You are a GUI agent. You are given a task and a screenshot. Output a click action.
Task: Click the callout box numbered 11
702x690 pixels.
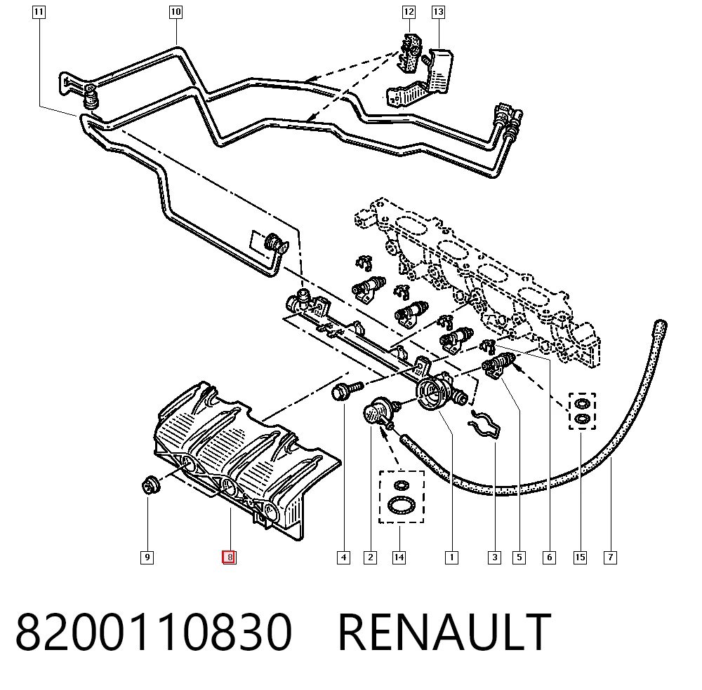[x=39, y=12]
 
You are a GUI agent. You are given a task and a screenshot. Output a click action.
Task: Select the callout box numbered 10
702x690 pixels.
[x=175, y=12]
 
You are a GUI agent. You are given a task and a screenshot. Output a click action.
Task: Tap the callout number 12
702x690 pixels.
[x=409, y=12]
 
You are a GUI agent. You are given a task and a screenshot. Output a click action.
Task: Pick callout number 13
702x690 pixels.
[x=438, y=12]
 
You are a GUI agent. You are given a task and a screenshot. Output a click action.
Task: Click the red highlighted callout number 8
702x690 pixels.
[x=230, y=557]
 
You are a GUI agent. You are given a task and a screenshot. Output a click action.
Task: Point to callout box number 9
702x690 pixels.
[x=147, y=557]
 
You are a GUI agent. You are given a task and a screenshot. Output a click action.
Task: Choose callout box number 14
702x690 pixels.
[x=399, y=557]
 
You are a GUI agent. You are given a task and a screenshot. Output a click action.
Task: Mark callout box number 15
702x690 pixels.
[x=580, y=557]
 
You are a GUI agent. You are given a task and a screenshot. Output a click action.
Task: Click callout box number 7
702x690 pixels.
[x=610, y=557]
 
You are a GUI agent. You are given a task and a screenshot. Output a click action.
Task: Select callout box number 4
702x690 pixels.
[x=343, y=557]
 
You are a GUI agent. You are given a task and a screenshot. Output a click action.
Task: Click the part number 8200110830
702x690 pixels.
[x=154, y=632]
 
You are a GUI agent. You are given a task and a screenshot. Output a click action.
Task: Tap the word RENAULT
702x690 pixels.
[x=444, y=632]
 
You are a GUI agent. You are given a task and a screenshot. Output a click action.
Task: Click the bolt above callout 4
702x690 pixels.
[x=347, y=390]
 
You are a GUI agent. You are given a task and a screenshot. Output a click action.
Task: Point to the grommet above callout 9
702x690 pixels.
[x=150, y=486]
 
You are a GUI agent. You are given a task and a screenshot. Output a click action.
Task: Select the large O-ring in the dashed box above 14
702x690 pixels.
[x=402, y=506]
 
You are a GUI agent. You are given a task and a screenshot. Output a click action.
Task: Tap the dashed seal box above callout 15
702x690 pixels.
[x=582, y=411]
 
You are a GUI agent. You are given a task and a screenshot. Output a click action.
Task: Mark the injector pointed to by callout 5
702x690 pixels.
[x=498, y=364]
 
